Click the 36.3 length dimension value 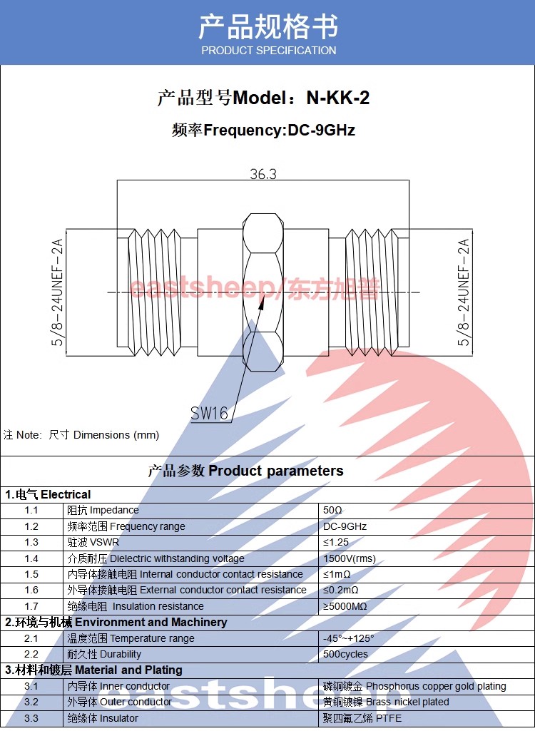(x=263, y=174)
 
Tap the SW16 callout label (x=209, y=413)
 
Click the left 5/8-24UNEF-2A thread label (x=58, y=292)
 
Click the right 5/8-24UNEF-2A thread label (x=464, y=292)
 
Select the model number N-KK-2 (x=337, y=98)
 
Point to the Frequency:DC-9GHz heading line (x=263, y=130)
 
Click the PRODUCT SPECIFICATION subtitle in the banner (x=268, y=51)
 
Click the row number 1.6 (x=31, y=591)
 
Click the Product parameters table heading (x=245, y=471)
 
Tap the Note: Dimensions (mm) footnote (x=81, y=435)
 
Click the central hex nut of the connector (x=263, y=292)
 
